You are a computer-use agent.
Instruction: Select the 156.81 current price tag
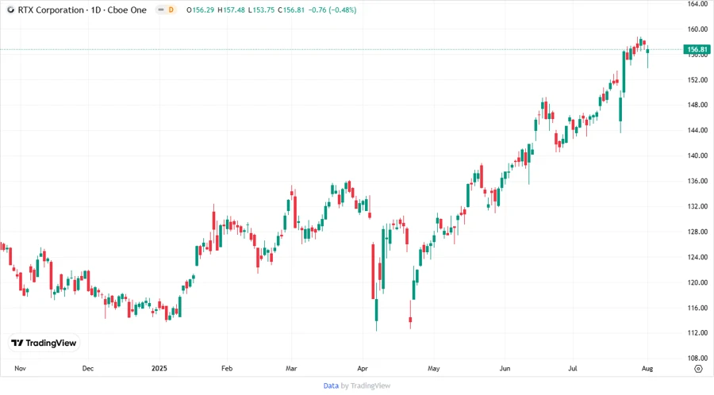(696, 49)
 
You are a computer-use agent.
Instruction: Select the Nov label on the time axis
(21, 369)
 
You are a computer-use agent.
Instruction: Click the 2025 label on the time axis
(159, 369)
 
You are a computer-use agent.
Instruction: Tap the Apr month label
(363, 369)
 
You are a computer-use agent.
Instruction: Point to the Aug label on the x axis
(647, 369)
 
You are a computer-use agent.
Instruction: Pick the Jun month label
(505, 369)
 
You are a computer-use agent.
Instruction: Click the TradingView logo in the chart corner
(44, 343)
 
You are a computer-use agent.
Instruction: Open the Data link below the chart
(331, 385)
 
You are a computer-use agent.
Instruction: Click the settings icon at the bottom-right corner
(697, 369)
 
